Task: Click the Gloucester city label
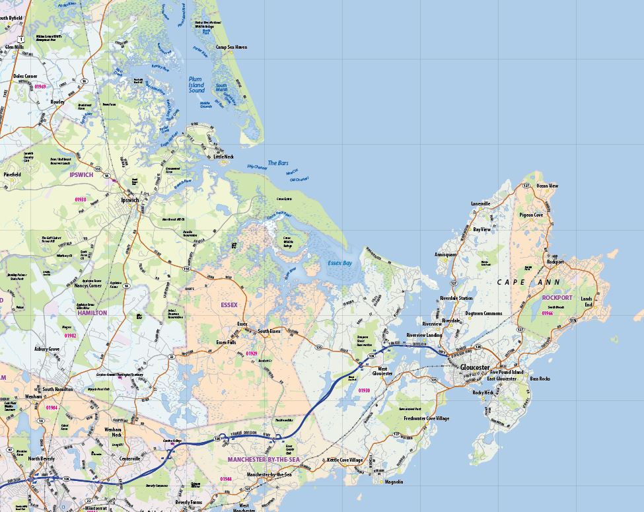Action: [x=475, y=367]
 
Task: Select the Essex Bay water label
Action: [x=340, y=263]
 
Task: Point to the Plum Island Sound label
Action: [x=196, y=84]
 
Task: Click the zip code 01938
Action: [x=81, y=199]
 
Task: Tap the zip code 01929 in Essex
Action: [x=252, y=353]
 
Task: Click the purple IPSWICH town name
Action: [x=81, y=175]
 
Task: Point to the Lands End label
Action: [x=587, y=302]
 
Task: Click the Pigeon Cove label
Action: [x=531, y=215]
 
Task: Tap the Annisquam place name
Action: [x=445, y=254]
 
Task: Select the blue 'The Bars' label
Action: [x=277, y=163]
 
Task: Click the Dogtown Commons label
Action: [x=483, y=313]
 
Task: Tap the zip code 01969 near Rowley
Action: [x=40, y=87]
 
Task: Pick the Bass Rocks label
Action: [x=540, y=379]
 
